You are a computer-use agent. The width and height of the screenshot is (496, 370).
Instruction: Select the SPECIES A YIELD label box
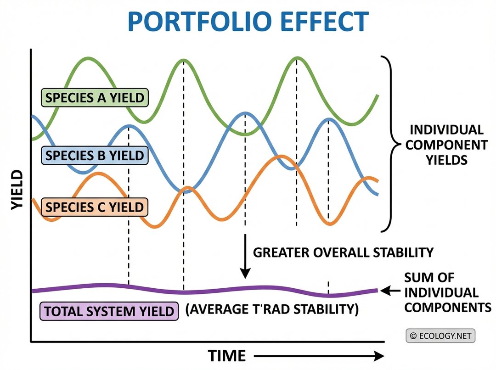pyautogui.click(x=95, y=97)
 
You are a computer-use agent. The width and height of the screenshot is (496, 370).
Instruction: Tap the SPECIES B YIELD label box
pyautogui.click(x=95, y=156)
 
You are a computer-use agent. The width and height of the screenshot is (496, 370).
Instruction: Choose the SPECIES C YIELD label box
pyautogui.click(x=95, y=207)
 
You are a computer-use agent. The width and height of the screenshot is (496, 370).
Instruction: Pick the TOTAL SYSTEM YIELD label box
pyautogui.click(x=109, y=311)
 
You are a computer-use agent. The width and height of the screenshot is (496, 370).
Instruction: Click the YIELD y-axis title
pyautogui.click(x=17, y=190)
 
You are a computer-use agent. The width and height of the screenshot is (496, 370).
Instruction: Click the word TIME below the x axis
pyautogui.click(x=227, y=356)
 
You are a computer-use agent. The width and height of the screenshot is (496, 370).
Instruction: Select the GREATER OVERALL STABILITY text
pyautogui.click(x=344, y=252)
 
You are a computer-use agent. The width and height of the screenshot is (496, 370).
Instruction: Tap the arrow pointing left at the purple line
pyautogui.click(x=390, y=290)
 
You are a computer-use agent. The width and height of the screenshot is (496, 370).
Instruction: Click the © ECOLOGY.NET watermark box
pyautogui.click(x=440, y=336)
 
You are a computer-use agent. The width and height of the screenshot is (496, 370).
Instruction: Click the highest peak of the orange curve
pyautogui.click(x=279, y=157)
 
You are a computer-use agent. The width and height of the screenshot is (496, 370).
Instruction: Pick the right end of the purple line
pyautogui.click(x=377, y=290)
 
